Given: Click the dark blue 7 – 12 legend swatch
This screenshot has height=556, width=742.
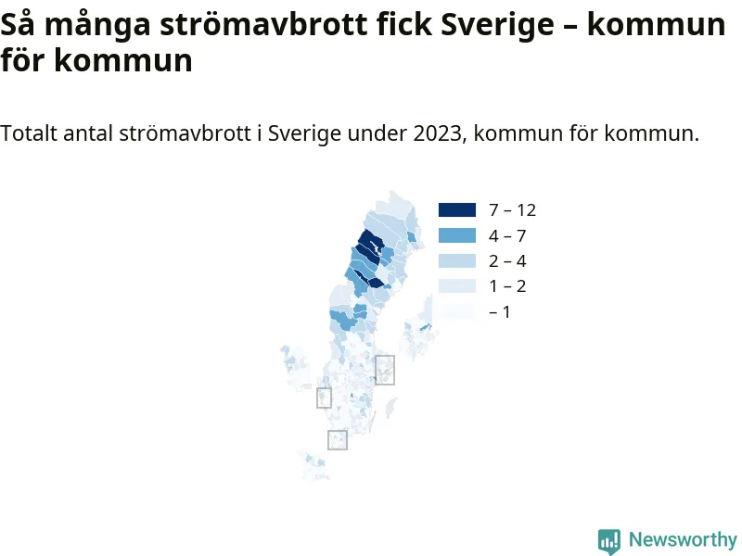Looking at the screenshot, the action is click(x=457, y=210).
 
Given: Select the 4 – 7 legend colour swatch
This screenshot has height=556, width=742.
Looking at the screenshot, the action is click(x=457, y=235).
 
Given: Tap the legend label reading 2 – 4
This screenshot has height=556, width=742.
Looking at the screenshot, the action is click(x=507, y=261).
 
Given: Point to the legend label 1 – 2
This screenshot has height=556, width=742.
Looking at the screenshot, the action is click(x=507, y=286).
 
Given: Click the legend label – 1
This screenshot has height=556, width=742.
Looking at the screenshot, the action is click(x=500, y=312).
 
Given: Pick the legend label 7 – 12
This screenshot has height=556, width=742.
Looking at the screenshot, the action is click(x=513, y=210).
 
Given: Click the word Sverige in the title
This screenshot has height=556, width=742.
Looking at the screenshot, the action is click(x=497, y=25).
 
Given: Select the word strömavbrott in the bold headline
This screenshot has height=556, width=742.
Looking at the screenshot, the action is click(x=263, y=24).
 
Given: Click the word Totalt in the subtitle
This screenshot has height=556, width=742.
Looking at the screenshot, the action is click(x=29, y=133).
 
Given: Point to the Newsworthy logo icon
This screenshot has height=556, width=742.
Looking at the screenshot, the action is click(x=609, y=541).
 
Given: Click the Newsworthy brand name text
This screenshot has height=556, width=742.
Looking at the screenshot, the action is click(x=683, y=539).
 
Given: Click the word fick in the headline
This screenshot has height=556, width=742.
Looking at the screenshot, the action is click(x=404, y=24).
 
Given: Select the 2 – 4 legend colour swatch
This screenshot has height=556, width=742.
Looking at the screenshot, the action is click(x=457, y=261).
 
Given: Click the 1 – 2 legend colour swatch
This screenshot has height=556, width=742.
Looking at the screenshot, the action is click(x=457, y=286).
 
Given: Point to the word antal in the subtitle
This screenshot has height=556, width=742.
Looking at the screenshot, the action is click(x=88, y=133).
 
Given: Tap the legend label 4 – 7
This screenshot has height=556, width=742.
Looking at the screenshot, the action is click(x=507, y=235).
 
